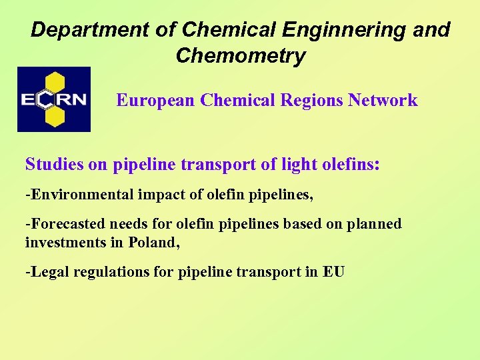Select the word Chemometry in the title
[240, 56]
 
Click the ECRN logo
[54, 99]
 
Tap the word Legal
[45, 272]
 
